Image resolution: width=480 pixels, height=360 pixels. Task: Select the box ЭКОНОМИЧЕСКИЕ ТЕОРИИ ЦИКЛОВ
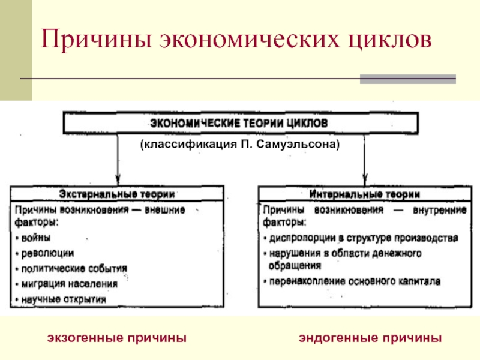pos(238,123)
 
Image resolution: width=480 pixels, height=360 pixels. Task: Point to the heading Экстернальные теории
pos(117,194)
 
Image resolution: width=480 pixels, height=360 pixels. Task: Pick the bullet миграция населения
pos(69,283)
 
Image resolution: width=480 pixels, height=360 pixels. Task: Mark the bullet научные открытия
pos(64,298)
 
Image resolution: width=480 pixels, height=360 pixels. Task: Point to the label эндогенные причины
pos(371,338)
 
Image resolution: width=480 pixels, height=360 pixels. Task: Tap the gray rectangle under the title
pos(407,79)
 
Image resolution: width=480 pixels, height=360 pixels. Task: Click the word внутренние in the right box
pos(440,210)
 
